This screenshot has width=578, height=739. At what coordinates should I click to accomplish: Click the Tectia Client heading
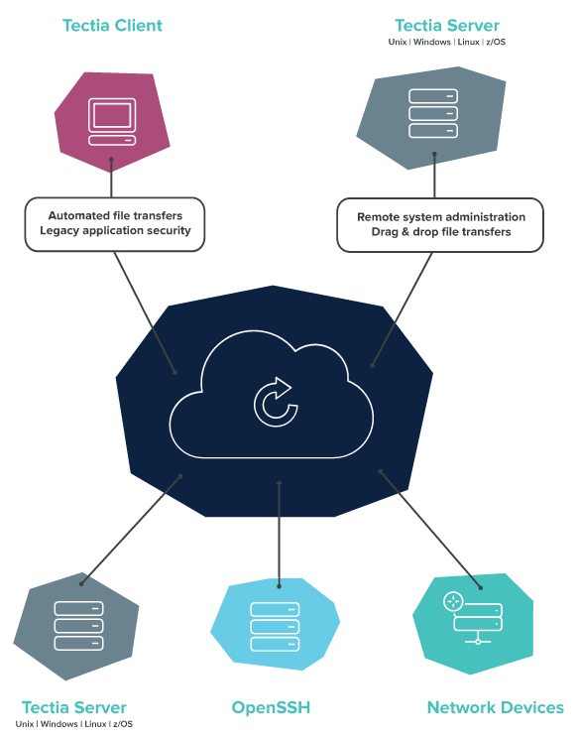(112, 26)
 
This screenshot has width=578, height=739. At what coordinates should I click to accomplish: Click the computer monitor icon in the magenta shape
(112, 121)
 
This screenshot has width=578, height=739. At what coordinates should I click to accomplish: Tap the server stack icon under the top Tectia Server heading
(433, 114)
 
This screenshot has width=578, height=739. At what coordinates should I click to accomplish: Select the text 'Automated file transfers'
(115, 216)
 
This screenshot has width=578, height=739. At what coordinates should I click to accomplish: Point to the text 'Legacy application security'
(115, 230)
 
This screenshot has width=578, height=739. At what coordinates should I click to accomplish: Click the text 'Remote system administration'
(441, 217)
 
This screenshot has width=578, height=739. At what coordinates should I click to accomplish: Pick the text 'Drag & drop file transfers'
(441, 232)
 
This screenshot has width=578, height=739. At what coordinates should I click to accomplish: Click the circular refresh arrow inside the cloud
(276, 402)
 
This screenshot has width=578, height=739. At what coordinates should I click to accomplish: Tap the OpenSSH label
(271, 707)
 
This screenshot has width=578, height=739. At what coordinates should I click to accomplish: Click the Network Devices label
(495, 707)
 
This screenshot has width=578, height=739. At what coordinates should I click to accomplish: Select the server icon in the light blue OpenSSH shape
(275, 627)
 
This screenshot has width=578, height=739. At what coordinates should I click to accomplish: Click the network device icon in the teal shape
(473, 618)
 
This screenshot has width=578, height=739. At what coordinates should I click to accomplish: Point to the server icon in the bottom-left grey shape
(78, 626)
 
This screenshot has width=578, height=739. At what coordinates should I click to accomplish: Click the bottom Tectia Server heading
(74, 707)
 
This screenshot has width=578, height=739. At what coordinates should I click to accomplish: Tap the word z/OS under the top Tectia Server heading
(496, 42)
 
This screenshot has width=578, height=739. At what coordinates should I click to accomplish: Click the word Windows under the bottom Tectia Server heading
(58, 724)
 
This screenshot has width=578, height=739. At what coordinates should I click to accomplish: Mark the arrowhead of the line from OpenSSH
(279, 483)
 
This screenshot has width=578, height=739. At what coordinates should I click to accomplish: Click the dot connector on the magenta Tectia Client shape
(111, 160)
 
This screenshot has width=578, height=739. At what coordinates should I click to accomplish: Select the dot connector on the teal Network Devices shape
(481, 587)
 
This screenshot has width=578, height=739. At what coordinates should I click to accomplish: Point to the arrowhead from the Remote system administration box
(373, 364)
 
